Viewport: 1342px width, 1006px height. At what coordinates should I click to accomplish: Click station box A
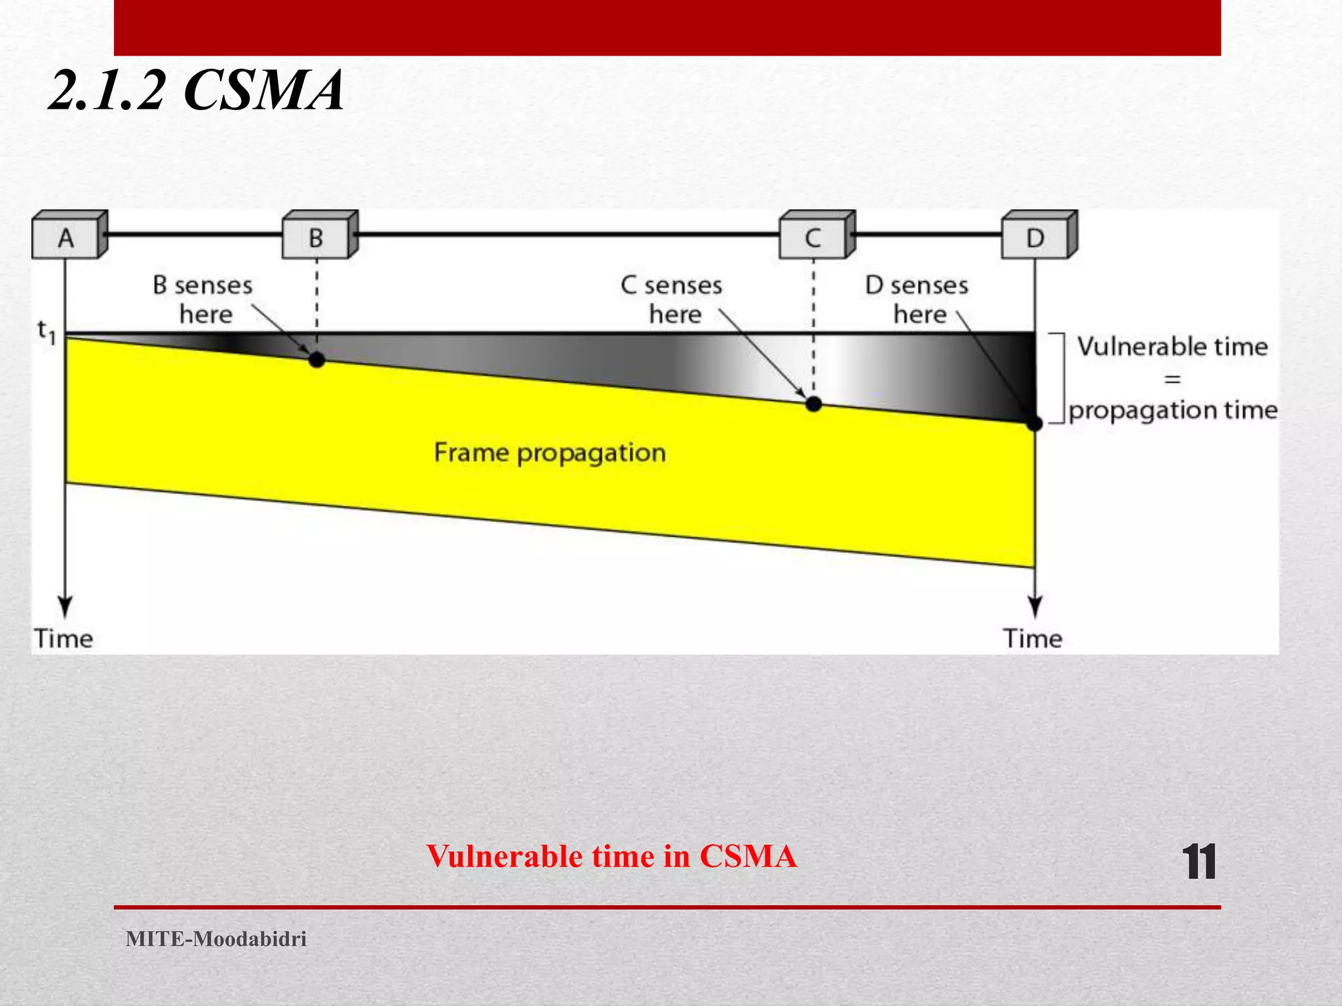click(67, 236)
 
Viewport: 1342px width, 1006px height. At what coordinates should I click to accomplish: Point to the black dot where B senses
click(316, 359)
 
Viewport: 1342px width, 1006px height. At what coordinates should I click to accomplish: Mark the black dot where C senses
click(813, 404)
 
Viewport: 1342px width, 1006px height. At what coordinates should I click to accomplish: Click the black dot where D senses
click(1035, 424)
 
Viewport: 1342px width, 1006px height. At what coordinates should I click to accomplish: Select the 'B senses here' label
click(203, 300)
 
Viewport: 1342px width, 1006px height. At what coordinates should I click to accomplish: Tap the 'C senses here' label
click(672, 300)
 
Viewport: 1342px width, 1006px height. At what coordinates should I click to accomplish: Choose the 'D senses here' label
click(917, 300)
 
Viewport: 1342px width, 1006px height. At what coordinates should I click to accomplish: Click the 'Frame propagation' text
click(550, 453)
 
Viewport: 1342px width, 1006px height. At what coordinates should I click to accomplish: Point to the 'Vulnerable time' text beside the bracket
click(1172, 346)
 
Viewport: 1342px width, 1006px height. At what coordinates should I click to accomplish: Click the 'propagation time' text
click(1173, 411)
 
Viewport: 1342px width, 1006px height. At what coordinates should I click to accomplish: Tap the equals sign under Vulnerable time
click(1172, 379)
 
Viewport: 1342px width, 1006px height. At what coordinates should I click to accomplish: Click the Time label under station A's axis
click(64, 639)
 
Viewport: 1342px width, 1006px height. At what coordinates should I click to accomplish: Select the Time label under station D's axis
click(1033, 639)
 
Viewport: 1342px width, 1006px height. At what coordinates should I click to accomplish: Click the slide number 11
click(1199, 862)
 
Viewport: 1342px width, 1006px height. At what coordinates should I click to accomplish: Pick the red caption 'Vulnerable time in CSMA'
click(611, 857)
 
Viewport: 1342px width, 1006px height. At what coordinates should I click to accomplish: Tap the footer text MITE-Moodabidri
click(216, 939)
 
